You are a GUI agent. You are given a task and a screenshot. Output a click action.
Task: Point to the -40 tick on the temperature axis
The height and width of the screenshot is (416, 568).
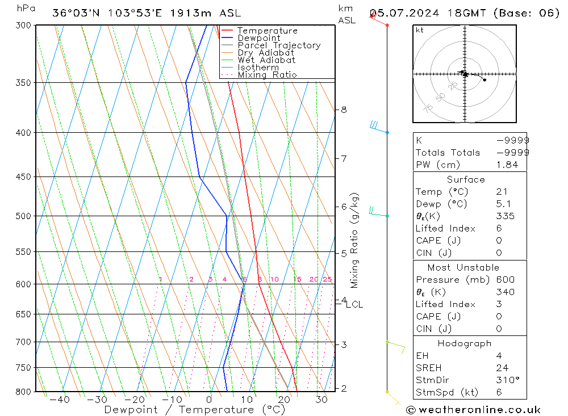coord(59,400)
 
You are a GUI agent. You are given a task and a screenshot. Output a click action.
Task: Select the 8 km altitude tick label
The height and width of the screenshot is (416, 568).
coord(344,109)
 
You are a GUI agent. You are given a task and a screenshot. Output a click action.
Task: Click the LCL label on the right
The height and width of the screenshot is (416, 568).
coord(354,304)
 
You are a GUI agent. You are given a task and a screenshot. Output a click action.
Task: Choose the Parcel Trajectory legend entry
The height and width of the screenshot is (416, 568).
coord(279,45)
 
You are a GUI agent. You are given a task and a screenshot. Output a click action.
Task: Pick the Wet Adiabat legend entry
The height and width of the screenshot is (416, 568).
coord(266,60)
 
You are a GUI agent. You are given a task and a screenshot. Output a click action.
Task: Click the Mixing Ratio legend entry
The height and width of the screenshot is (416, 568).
coord(267,74)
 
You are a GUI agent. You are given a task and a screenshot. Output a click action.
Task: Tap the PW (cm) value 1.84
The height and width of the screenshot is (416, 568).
coord(507,165)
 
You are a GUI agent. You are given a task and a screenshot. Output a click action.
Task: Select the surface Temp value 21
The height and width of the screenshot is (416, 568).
coord(502,192)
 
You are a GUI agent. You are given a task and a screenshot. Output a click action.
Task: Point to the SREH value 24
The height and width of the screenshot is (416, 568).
coord(502,368)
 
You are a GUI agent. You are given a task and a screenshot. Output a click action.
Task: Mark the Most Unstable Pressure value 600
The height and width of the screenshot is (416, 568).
coord(505,279)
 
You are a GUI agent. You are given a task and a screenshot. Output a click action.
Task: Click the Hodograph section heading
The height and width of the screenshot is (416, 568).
coord(465,343)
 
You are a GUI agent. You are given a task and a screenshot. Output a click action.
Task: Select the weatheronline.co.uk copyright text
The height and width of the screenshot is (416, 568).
coord(473,409)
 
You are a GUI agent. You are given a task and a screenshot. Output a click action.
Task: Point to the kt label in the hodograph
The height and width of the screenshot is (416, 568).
coord(420,30)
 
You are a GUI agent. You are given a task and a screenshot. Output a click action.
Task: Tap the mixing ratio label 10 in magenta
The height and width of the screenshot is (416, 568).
coord(274,279)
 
